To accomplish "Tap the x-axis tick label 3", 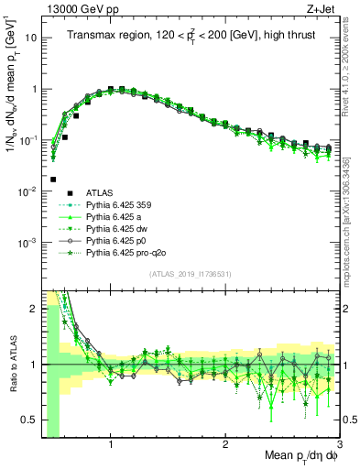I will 339,445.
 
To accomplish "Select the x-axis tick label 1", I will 111,445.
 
